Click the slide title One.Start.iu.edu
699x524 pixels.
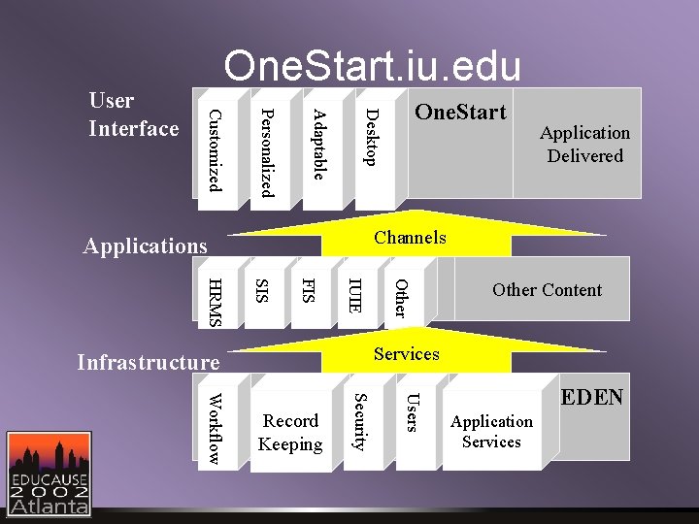(x=372, y=66)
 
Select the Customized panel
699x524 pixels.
(x=217, y=150)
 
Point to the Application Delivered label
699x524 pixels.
(x=584, y=144)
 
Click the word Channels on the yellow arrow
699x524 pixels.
(x=410, y=238)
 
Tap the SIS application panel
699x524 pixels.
(x=261, y=290)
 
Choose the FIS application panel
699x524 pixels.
(x=308, y=290)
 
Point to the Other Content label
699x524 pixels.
(x=547, y=289)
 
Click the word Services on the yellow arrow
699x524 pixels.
(x=407, y=354)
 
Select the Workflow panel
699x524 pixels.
(x=216, y=428)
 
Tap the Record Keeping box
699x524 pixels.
(x=290, y=433)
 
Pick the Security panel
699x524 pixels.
(x=360, y=422)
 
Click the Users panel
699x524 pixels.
(x=412, y=412)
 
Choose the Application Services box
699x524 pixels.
(x=491, y=431)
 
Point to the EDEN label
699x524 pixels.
(x=593, y=398)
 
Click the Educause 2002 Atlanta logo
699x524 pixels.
(x=50, y=473)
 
